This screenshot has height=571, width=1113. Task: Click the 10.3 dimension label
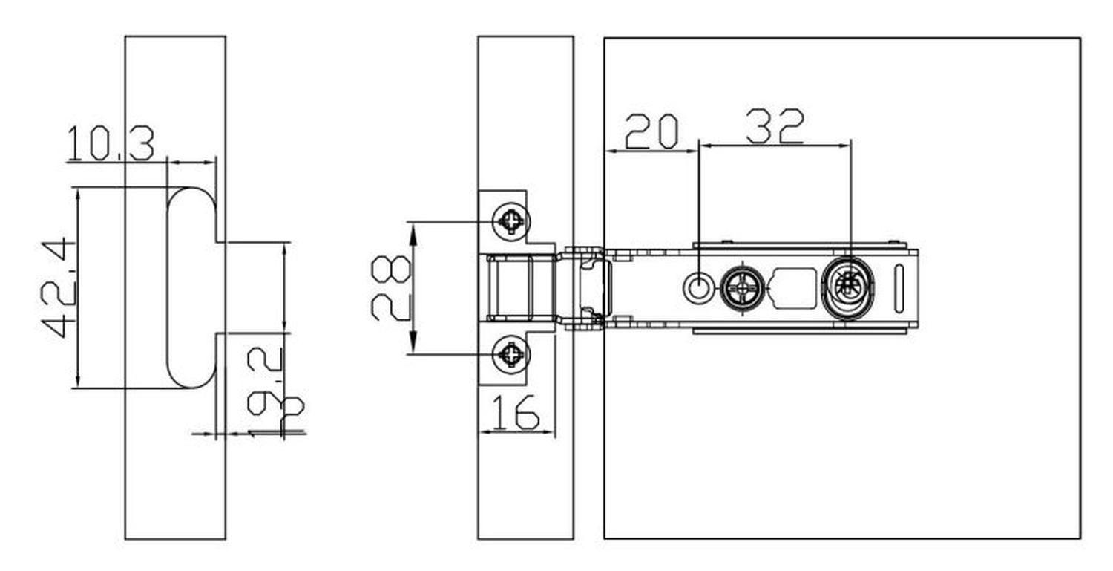[x=111, y=144]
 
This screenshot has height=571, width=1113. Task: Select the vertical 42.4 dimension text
[x=58, y=287]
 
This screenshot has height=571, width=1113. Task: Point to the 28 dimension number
[x=390, y=288]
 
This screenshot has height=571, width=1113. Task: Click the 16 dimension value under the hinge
[x=516, y=413]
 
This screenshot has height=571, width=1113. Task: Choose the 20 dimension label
[x=651, y=131]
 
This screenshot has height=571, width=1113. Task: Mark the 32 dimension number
[x=775, y=127]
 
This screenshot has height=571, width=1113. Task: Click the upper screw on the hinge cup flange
[x=511, y=221]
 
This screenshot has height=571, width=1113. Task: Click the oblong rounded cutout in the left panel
[x=191, y=287]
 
